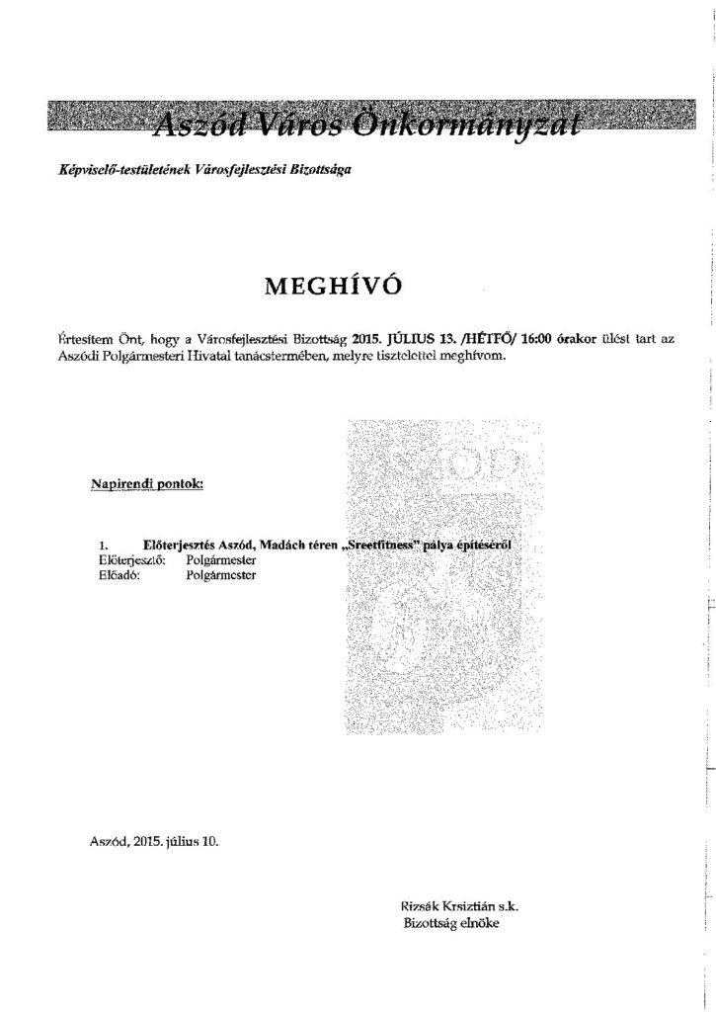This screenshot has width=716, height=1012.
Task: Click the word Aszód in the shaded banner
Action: (x=194, y=121)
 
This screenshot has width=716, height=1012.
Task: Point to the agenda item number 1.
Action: (x=103, y=545)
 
